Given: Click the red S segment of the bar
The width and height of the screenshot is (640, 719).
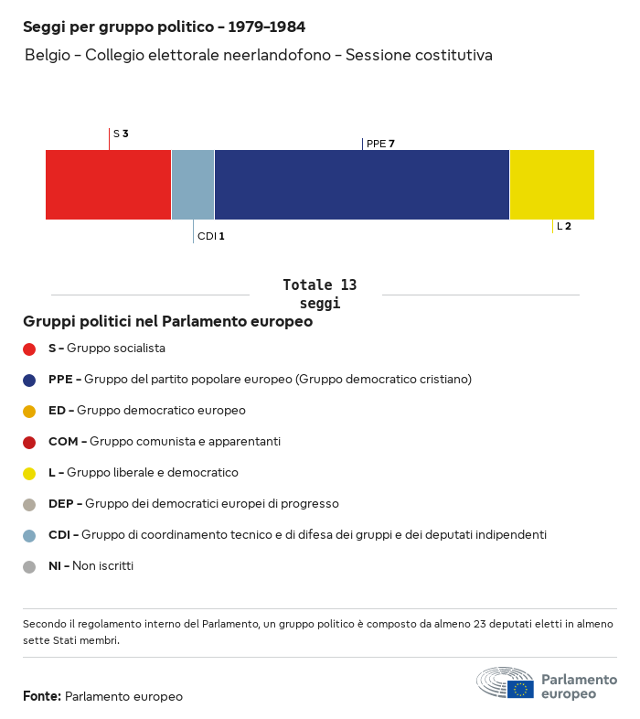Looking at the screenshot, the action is click(108, 185).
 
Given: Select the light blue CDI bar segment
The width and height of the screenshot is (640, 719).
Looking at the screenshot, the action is click(193, 185).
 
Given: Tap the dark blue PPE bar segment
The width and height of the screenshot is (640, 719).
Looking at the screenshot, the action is click(362, 185).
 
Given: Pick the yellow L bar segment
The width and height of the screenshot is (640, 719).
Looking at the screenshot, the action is click(552, 185).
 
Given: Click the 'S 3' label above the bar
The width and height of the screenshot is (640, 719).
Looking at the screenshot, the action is click(121, 134).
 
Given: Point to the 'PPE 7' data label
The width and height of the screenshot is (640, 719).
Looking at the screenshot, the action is click(380, 144).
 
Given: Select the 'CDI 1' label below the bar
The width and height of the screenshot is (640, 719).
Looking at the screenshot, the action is click(211, 236).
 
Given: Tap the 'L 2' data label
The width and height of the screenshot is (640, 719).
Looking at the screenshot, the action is click(564, 226).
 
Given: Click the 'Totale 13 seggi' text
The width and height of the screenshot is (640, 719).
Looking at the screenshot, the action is click(320, 294).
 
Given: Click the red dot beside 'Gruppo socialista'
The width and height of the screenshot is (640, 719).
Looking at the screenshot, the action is click(29, 349).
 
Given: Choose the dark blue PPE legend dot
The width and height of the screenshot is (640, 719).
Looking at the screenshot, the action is click(29, 381).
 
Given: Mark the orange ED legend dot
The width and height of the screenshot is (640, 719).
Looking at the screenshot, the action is click(29, 412).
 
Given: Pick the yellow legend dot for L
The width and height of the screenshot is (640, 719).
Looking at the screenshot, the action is click(29, 474).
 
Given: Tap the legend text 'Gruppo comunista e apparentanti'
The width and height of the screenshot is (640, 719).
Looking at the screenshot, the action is click(186, 442).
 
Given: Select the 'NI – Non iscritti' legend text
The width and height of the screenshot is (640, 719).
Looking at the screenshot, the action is click(91, 566).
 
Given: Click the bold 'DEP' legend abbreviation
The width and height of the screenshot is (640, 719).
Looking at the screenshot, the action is click(61, 504).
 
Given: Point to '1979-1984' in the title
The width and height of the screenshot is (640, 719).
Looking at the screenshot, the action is click(267, 27).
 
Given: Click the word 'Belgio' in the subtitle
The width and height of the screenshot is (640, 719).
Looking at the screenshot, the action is click(48, 55).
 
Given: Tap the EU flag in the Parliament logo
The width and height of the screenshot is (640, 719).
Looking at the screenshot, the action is click(520, 689).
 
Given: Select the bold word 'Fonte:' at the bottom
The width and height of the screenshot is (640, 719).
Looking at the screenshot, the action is click(42, 696).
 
